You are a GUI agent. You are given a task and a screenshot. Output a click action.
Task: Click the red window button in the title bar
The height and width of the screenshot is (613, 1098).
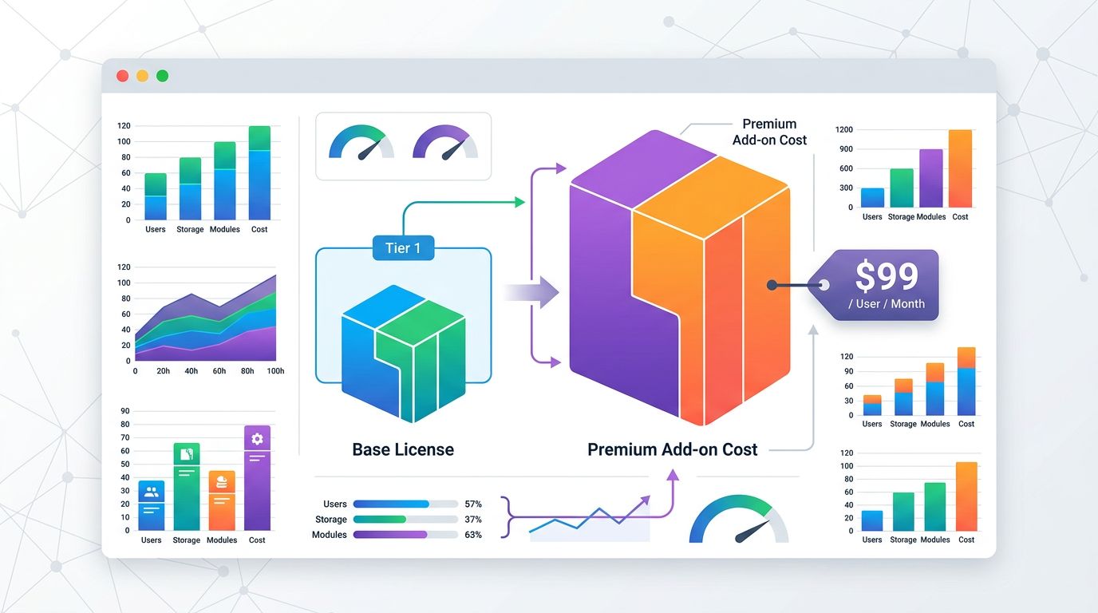(x=122, y=76)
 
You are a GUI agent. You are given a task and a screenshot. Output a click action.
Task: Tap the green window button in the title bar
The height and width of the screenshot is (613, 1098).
(x=163, y=76)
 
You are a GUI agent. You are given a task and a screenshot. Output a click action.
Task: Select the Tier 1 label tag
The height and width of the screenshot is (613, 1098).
(x=403, y=248)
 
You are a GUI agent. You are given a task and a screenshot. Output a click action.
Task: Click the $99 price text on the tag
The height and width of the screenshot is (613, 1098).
(x=887, y=276)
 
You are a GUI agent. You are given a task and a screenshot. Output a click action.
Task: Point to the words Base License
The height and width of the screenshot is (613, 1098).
(x=403, y=449)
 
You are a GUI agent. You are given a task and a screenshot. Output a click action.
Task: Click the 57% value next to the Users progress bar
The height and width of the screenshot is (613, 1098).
(x=473, y=504)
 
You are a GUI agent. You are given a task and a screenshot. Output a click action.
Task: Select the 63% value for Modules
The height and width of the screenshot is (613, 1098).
(x=473, y=535)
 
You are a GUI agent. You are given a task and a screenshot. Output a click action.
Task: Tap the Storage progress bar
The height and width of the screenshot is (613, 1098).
(x=405, y=520)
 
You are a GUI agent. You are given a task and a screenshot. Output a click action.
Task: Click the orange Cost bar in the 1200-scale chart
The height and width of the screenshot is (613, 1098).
(x=960, y=168)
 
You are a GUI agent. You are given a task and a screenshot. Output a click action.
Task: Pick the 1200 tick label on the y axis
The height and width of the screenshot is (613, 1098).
(x=843, y=129)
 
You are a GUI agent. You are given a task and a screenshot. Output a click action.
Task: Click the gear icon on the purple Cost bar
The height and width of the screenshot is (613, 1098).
(x=257, y=438)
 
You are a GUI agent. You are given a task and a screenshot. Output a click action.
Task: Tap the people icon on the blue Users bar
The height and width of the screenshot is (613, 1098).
(x=151, y=492)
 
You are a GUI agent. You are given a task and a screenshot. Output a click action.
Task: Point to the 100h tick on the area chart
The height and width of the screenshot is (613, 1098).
(x=274, y=371)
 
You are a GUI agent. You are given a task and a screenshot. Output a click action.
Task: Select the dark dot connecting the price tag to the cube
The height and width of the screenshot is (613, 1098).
(x=772, y=285)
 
